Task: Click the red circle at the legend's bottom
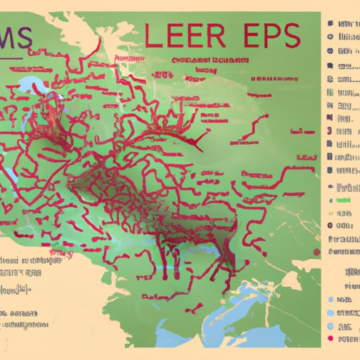click(330, 338)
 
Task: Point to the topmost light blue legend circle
click(330, 301)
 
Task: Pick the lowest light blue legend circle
click(330, 326)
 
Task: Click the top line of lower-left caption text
click(28, 258)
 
